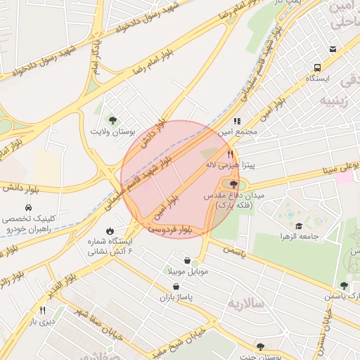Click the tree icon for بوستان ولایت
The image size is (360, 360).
pos(112,120)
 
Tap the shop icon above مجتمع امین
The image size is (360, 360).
pos(237,121)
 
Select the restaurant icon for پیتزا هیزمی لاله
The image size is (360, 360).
pos(229,154)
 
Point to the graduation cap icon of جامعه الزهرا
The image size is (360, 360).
pos(299,226)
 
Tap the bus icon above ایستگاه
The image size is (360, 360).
pos(318,69)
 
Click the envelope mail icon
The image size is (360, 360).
pos(333,49)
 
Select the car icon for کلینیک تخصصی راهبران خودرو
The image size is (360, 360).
pos(27,208)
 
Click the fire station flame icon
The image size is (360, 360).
pos(110,231)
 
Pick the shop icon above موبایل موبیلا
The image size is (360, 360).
pos(186,260)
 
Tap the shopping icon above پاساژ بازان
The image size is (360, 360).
pos(176,287)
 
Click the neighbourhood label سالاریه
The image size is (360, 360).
pos(245,303)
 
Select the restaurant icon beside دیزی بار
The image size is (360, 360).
pos(42,310)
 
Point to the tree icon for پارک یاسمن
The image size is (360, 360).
pos(344,285)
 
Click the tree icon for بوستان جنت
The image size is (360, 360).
pos(261,346)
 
